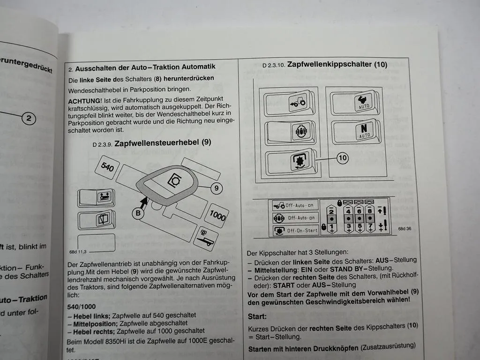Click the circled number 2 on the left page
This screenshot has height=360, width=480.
28,118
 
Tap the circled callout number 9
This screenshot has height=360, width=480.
216,188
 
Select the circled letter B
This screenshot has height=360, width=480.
138,213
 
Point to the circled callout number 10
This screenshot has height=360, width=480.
343,157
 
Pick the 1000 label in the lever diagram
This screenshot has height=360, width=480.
217,215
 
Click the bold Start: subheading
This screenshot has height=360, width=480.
257,316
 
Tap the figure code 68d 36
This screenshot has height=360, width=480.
405,229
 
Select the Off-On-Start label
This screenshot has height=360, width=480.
302,230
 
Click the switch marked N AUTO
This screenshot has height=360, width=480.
364,131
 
